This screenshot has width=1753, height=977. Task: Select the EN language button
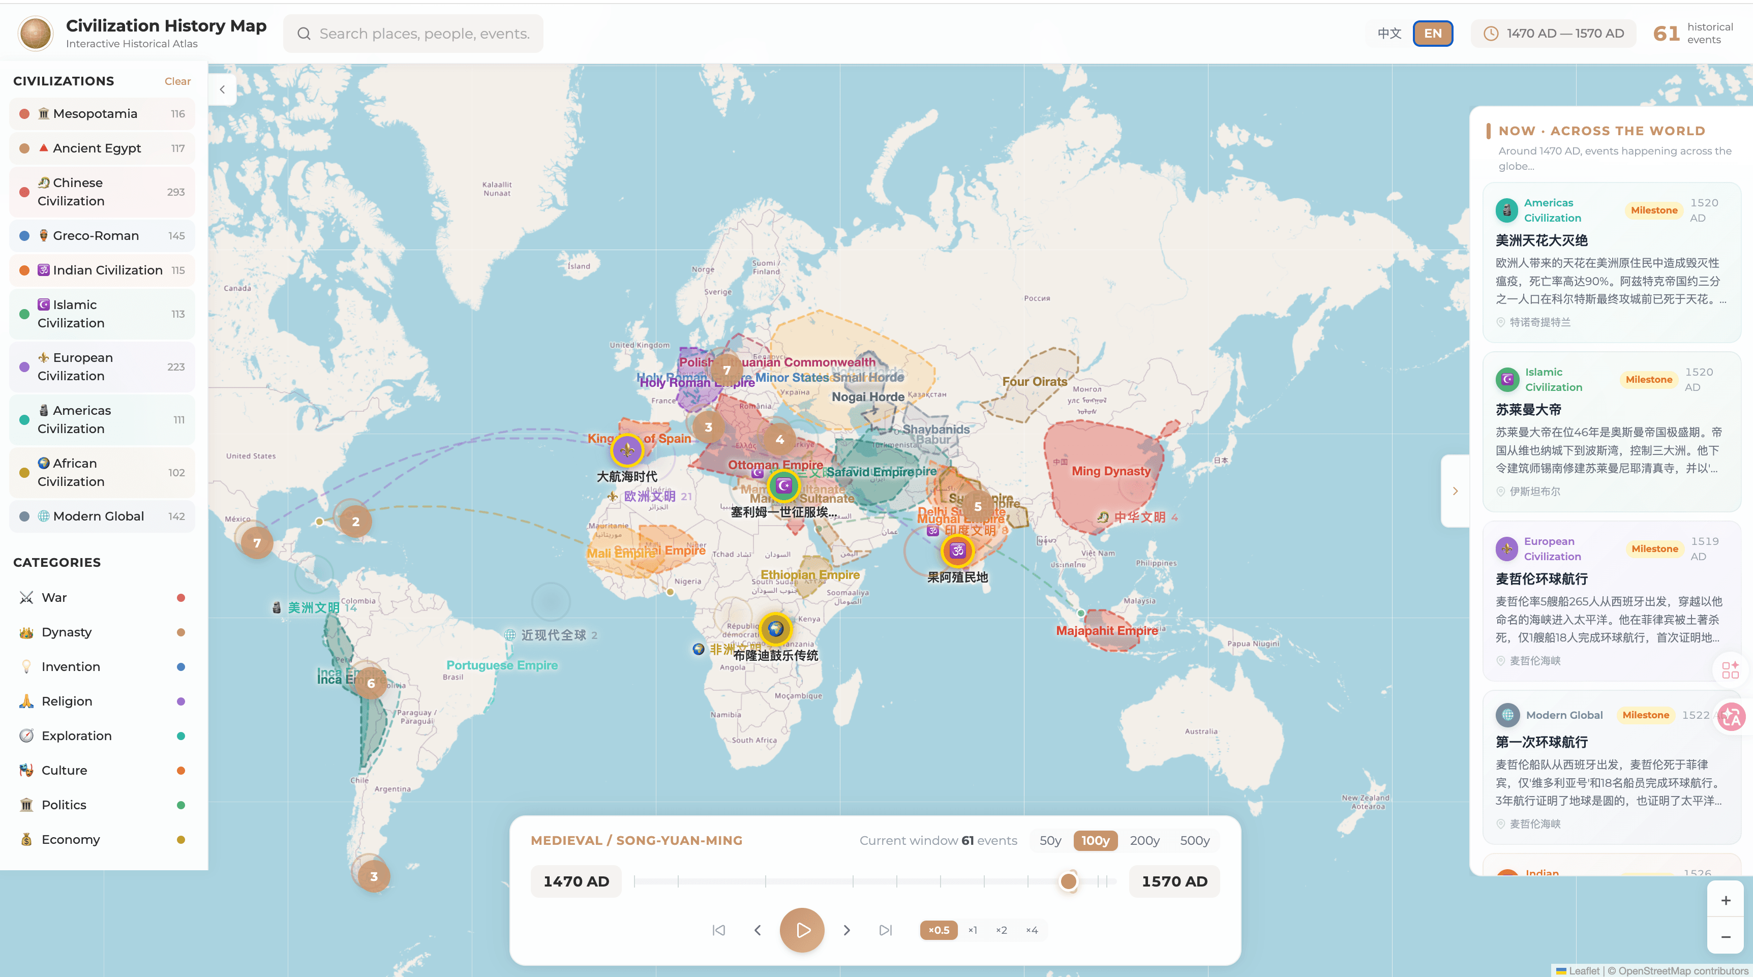(1433, 34)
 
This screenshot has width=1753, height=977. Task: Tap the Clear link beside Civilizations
(177, 81)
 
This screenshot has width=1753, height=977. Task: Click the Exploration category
(76, 736)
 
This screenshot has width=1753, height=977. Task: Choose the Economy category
(70, 839)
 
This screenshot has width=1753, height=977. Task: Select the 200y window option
(1144, 840)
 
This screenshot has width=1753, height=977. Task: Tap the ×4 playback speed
(1032, 930)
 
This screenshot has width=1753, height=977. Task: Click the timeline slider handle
(1068, 881)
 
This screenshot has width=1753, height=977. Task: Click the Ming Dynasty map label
(1110, 471)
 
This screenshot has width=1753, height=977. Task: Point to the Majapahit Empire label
(1106, 631)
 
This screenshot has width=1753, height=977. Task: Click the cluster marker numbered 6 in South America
(371, 683)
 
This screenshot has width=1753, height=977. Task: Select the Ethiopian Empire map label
(810, 575)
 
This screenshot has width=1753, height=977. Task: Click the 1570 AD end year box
(1174, 881)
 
